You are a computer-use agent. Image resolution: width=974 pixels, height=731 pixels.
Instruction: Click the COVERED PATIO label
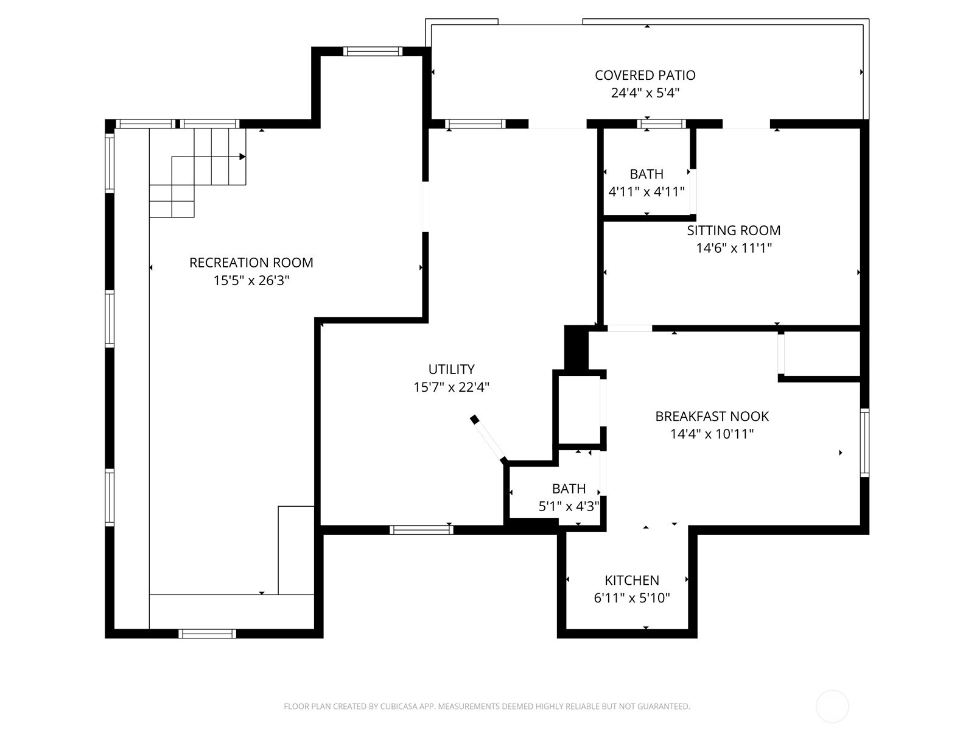(645, 75)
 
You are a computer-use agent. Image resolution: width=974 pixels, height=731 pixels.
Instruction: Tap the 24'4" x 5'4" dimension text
(645, 93)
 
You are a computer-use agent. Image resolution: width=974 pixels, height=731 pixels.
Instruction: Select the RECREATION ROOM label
(251, 263)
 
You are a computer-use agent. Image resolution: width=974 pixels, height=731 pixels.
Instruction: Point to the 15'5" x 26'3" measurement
(251, 281)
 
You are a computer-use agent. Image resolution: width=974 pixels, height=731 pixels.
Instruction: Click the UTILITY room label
(451, 369)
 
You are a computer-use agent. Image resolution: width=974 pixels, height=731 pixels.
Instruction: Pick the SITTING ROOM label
(734, 230)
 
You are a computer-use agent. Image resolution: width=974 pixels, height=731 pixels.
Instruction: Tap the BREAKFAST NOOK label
(712, 416)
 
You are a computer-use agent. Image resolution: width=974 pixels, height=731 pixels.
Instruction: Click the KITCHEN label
(631, 580)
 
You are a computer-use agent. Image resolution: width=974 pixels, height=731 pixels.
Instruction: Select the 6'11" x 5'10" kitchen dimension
(631, 598)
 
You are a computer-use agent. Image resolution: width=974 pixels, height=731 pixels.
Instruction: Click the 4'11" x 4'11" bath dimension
(646, 192)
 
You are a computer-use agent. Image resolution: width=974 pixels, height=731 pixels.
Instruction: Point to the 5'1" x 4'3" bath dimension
(569, 506)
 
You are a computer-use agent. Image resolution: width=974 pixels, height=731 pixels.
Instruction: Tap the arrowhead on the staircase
(242, 157)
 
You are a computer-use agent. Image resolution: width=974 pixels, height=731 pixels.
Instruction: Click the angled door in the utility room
(489, 439)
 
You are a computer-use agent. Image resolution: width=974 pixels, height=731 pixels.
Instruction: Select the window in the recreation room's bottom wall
(207, 634)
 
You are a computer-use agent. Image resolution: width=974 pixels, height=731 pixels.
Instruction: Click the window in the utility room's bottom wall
(421, 529)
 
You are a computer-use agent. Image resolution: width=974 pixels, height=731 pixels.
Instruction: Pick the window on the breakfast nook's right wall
(864, 442)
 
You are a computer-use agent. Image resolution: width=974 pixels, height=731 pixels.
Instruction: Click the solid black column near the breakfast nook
(576, 348)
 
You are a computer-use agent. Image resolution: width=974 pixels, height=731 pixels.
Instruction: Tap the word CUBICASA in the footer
(398, 707)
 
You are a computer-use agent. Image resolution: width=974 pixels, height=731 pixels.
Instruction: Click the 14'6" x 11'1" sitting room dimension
(734, 249)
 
